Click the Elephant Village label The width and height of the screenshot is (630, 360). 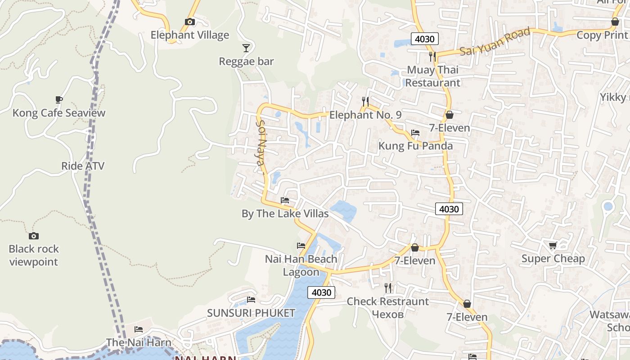pyautogui.click(x=189, y=35)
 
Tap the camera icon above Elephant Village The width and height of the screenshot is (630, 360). pyautogui.click(x=190, y=22)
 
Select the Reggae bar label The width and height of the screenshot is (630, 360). pyautogui.click(x=246, y=61)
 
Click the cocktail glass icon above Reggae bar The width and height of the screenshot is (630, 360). pyautogui.click(x=246, y=48)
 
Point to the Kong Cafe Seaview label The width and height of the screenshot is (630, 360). pyautogui.click(x=59, y=113)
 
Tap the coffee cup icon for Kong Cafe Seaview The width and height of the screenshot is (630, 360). pyautogui.click(x=58, y=99)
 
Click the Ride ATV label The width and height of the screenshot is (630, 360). pyautogui.click(x=83, y=166)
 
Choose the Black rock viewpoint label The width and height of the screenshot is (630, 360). pyautogui.click(x=34, y=255)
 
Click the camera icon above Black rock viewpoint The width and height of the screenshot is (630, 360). pyautogui.click(x=34, y=236)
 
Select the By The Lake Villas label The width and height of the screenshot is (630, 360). pyautogui.click(x=285, y=214)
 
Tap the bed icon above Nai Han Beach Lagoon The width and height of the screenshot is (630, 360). pyautogui.click(x=301, y=246)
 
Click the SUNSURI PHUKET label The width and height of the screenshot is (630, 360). pyautogui.click(x=251, y=313)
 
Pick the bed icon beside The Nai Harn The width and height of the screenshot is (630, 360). pyautogui.click(x=139, y=329)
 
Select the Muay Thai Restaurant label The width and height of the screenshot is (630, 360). pyautogui.click(x=433, y=76)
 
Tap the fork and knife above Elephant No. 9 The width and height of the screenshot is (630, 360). pyautogui.click(x=365, y=101)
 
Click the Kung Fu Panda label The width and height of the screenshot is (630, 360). pyautogui.click(x=415, y=146)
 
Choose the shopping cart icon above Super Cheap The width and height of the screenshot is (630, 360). pyautogui.click(x=553, y=245)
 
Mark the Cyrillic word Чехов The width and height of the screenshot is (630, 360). pyautogui.click(x=388, y=315)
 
